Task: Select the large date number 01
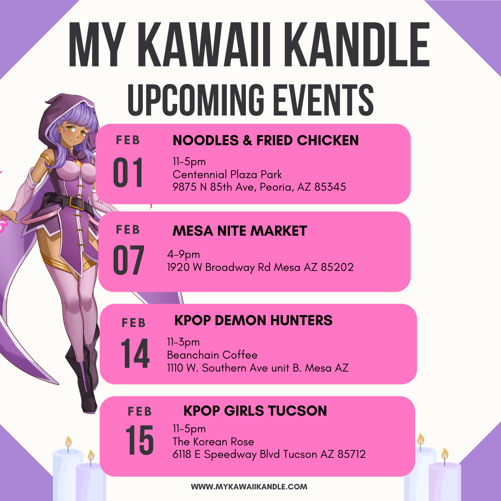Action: click(x=128, y=172)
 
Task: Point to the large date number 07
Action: click(x=128, y=260)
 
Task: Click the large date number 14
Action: click(x=135, y=353)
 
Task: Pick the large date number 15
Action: click(x=140, y=440)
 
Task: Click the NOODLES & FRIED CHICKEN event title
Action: click(x=265, y=140)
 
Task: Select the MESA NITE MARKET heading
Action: click(x=240, y=231)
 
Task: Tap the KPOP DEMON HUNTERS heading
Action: click(x=253, y=320)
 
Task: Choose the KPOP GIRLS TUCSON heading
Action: click(x=255, y=411)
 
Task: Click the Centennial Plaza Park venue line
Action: click(x=227, y=174)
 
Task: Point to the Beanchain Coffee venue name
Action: click(x=212, y=355)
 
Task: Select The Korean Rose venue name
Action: click(x=213, y=442)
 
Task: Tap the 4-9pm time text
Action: click(x=183, y=255)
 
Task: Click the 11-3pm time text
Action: click(x=183, y=342)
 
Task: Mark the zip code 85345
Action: click(x=330, y=187)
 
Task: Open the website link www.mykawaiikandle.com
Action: click(x=249, y=487)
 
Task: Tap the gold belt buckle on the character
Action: click(x=77, y=203)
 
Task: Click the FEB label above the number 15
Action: click(x=140, y=411)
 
